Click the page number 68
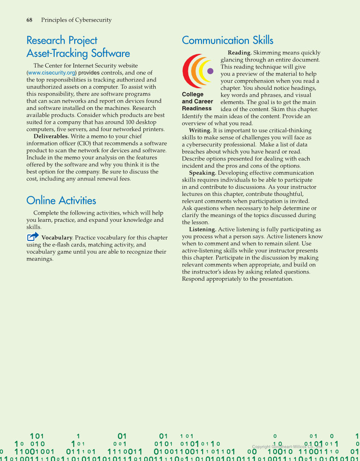click(x=30, y=20)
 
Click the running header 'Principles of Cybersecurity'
click(x=76, y=20)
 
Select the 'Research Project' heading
click(x=62, y=40)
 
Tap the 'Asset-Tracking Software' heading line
click(x=78, y=53)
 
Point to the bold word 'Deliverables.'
click(x=51, y=137)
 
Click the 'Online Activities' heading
click(x=61, y=201)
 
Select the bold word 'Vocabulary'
click(x=57, y=238)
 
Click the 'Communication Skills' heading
click(x=228, y=40)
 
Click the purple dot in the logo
click(x=210, y=71)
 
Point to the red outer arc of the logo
click(x=186, y=71)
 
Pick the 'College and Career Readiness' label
click(x=197, y=101)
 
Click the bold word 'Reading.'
click(x=240, y=53)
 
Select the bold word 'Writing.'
click(x=200, y=131)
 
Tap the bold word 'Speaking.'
click(x=202, y=173)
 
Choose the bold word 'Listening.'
click(x=203, y=229)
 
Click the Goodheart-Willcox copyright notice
click(x=287, y=447)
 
